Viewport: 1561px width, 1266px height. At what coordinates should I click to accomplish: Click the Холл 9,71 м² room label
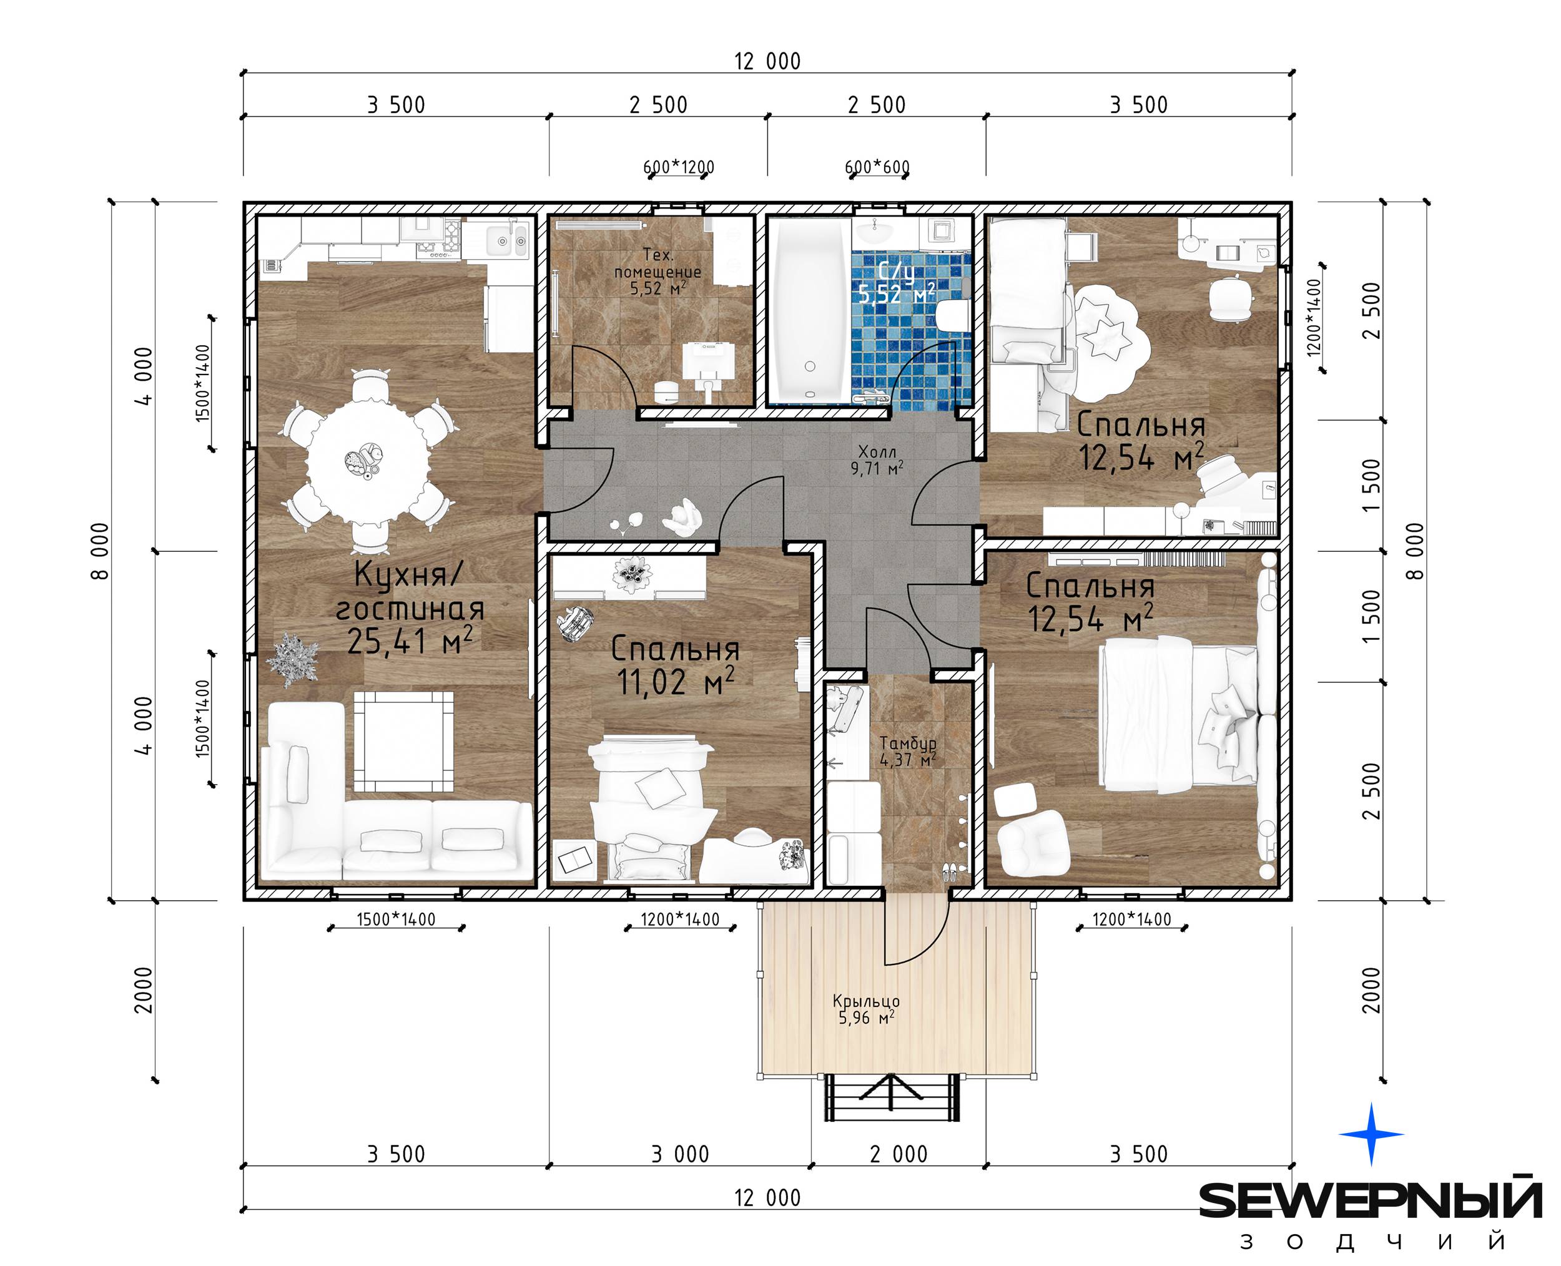click(877, 460)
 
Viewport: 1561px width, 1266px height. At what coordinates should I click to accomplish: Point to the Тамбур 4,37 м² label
click(907, 750)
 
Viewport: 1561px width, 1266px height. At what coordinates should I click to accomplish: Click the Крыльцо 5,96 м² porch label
click(867, 1009)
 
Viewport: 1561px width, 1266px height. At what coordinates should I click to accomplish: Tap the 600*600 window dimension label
click(877, 167)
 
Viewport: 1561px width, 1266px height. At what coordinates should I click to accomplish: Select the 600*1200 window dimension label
click(678, 167)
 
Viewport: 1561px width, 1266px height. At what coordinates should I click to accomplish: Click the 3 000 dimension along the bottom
click(680, 1154)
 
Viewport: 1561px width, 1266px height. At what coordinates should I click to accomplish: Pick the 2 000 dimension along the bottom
click(899, 1154)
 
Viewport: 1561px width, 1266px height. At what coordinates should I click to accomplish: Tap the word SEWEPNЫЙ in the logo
click(1371, 1200)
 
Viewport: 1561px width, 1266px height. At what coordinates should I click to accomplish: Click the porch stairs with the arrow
click(892, 1098)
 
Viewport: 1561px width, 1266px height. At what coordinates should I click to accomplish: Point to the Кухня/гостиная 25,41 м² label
click(410, 607)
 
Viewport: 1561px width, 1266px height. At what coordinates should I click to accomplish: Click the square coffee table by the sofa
click(403, 742)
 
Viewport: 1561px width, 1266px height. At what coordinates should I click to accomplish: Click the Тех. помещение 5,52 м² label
click(658, 272)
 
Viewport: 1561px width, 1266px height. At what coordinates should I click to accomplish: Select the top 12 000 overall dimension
click(767, 61)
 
